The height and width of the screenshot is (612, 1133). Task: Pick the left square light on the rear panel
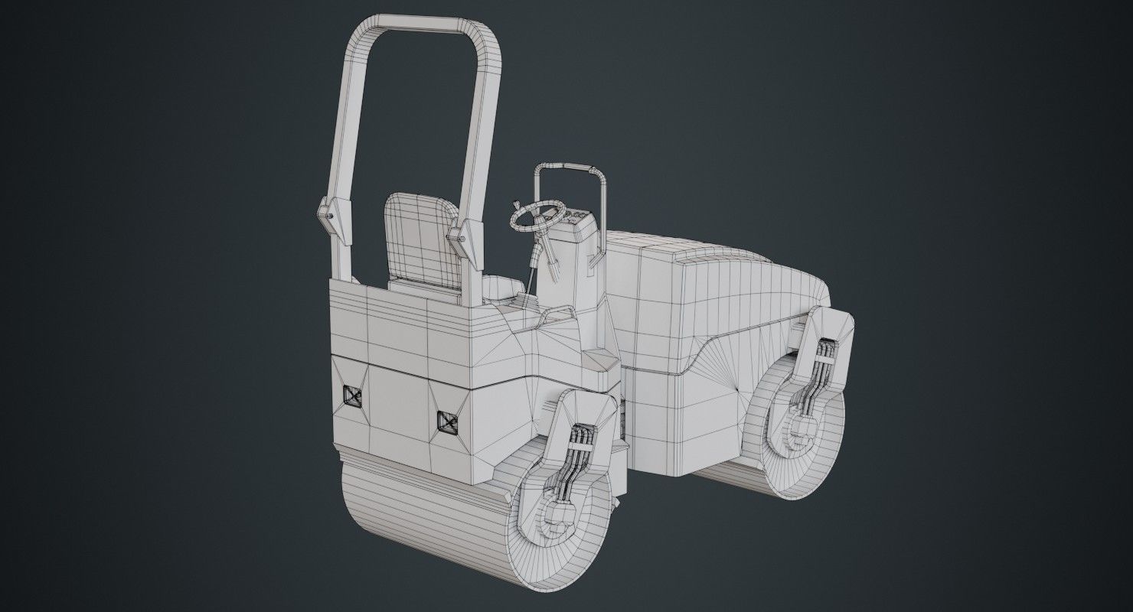click(352, 396)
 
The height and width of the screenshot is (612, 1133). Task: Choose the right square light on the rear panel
click(446, 420)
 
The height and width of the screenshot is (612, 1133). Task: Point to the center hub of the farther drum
click(800, 432)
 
